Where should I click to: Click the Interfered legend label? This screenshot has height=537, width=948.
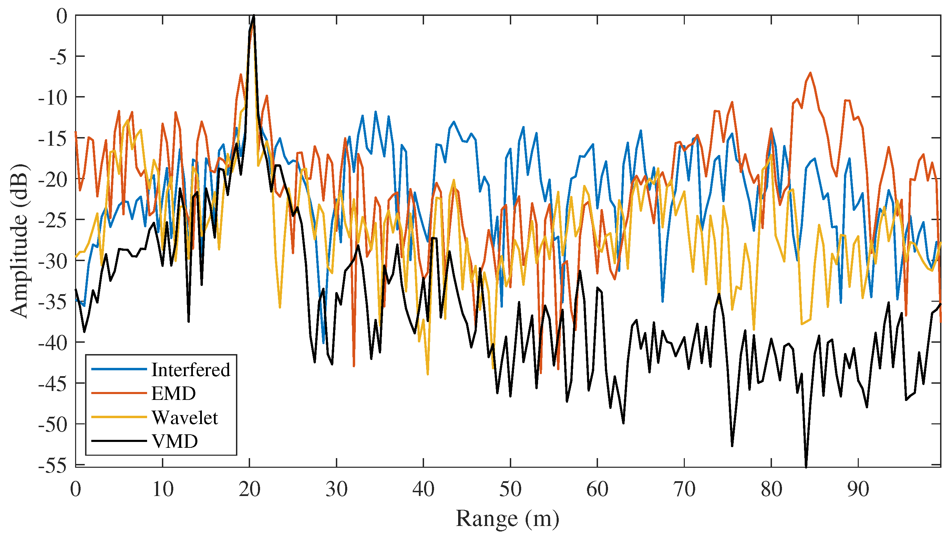190,370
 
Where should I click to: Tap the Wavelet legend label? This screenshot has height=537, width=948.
185,417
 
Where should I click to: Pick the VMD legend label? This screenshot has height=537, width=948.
175,441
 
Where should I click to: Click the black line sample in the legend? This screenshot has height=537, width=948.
119,441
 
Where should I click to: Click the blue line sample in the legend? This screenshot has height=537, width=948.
119,369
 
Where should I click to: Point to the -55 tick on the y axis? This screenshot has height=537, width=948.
53,466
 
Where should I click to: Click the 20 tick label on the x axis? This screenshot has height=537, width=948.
249,489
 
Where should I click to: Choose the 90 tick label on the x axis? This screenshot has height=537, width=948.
858,489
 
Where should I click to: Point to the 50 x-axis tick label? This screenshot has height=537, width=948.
510,489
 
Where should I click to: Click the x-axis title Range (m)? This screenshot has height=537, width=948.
507,518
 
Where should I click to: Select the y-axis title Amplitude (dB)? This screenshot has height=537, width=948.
19,240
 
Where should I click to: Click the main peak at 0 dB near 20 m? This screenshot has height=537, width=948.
254,16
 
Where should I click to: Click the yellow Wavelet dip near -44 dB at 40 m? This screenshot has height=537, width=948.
428,374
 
